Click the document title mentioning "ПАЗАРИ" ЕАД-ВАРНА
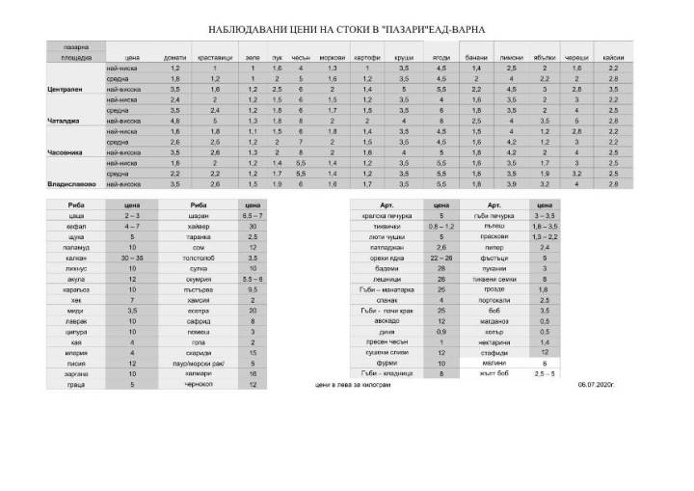[x=347, y=30]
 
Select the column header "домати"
[x=175, y=58]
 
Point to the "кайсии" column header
[x=613, y=58]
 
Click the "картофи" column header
[x=368, y=58]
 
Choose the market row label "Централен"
[x=65, y=89]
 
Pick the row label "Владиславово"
[x=70, y=183]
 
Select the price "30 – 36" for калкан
[x=132, y=259]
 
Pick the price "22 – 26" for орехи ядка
[x=441, y=259]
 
